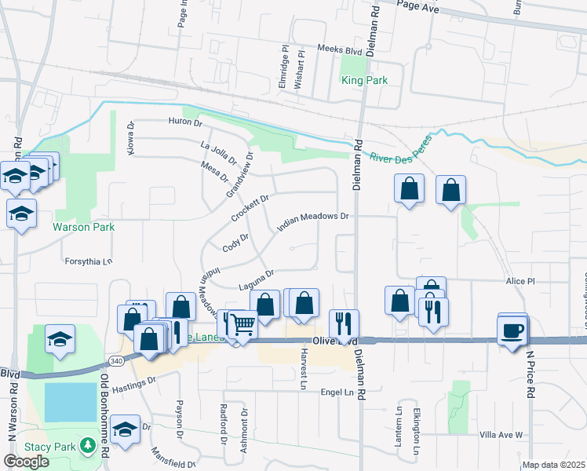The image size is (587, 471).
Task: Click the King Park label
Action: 364,80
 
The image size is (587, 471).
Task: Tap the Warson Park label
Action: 83,227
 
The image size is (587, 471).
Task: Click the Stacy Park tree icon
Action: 89,447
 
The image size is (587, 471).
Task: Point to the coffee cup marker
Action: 512,329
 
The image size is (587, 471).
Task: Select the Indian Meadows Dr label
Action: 312,221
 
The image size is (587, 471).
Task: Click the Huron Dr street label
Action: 184,122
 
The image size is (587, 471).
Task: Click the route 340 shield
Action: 116,360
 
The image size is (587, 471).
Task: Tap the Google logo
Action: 26,462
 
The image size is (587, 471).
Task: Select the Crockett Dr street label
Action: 250,207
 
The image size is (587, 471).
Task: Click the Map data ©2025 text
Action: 552,465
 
